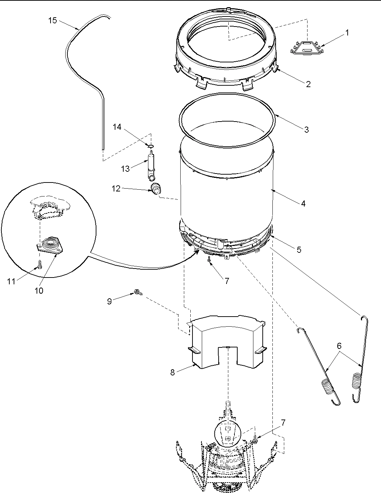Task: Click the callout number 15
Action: pos(52,20)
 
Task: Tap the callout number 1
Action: pos(347,32)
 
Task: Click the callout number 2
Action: pos(308,84)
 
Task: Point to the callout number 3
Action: pos(306,129)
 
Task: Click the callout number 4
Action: pos(303,203)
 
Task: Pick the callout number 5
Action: pos(299,250)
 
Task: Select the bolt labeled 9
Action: pos(138,293)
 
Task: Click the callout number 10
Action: pos(39,290)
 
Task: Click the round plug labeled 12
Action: pos(156,188)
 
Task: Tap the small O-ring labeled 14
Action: pos(151,146)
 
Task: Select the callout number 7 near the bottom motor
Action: pos(283,423)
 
